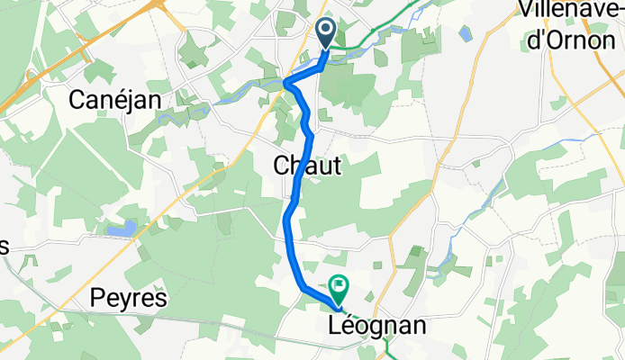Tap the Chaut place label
306,165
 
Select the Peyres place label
130,299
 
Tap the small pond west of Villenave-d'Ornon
465,35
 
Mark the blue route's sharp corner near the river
288,84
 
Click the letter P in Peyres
99,299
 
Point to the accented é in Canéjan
128,98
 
